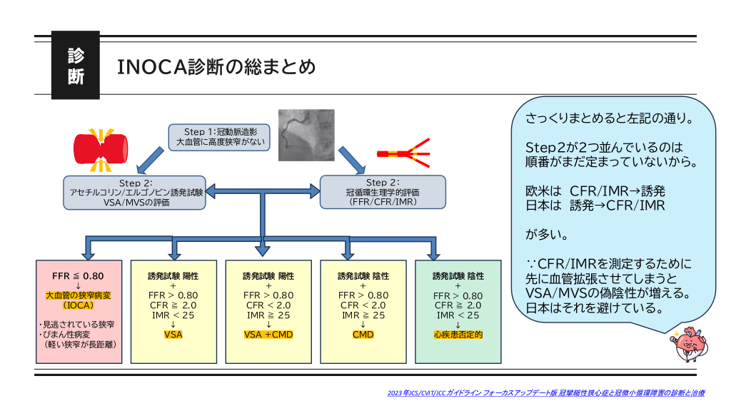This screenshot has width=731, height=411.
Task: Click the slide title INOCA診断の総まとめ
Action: (x=216, y=67)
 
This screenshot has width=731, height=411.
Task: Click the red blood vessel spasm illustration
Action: (x=100, y=148)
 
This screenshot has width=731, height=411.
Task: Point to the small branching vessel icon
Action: (x=403, y=153)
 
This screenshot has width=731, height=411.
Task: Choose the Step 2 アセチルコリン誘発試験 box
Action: (x=135, y=193)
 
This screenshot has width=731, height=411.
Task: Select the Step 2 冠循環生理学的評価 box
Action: (x=383, y=192)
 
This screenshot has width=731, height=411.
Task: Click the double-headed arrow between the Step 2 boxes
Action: (x=263, y=191)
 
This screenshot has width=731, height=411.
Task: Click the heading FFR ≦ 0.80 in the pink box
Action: (x=78, y=275)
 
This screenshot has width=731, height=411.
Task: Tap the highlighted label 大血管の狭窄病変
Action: (x=78, y=295)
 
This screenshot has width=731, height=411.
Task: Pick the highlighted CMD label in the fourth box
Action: (x=363, y=334)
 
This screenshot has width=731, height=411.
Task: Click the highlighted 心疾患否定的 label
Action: (x=458, y=334)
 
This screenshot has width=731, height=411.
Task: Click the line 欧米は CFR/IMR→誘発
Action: (x=595, y=191)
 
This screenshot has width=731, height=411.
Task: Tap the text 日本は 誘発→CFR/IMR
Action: (x=595, y=205)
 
